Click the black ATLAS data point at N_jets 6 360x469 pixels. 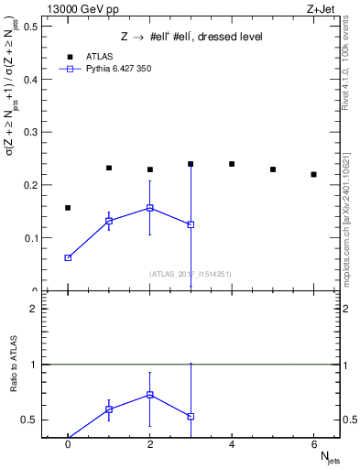point(313,174)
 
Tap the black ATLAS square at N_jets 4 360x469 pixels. point(232,164)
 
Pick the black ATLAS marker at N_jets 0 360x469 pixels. point(68,208)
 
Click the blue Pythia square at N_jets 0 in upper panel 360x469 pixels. point(68,258)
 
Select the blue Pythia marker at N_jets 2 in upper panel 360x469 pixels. point(149,208)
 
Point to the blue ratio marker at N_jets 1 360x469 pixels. point(109,409)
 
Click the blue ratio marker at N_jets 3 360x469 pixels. point(191,417)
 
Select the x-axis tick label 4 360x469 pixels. point(232,443)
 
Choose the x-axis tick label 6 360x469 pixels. point(313,443)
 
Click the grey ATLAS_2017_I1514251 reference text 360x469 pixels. point(191,273)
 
